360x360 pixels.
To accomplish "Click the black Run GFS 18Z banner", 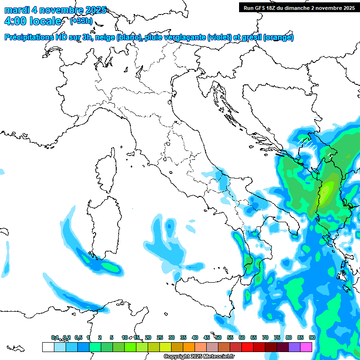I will coord(298,7).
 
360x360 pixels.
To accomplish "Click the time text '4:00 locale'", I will coord(33,21).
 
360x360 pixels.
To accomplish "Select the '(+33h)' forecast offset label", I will coord(81,21).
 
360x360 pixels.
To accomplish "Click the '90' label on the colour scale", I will coord(312,337).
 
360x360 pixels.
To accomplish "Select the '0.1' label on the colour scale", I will coord(55,337).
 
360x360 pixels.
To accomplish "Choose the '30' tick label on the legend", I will coord(172,337).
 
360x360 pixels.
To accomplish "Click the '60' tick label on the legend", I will coord(242,337).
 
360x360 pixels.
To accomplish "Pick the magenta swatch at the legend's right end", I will coord(306,347).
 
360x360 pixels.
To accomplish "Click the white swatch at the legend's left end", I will coord(48,347).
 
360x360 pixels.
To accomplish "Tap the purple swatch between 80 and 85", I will coord(294,347).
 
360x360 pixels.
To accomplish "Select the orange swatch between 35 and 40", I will coord(189,347).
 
